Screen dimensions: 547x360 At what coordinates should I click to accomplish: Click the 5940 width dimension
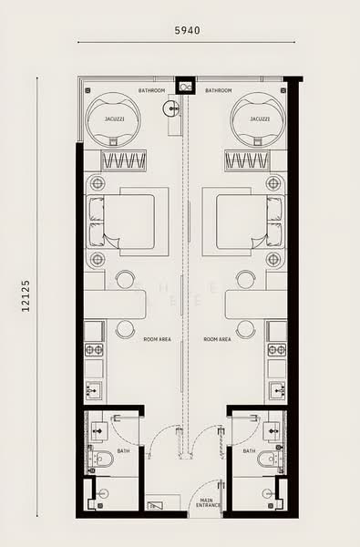(x=186, y=30)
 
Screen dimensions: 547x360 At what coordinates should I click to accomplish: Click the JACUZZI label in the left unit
(x=115, y=119)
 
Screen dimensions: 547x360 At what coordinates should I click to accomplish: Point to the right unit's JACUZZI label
(x=259, y=119)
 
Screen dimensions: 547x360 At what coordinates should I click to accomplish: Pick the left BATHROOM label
(x=151, y=90)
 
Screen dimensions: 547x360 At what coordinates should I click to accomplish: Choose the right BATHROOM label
(x=218, y=90)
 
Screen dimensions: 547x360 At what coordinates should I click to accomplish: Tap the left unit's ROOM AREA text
(x=157, y=338)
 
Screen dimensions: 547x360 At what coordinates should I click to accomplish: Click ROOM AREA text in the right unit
(x=217, y=338)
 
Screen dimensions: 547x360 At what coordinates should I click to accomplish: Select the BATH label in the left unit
(x=124, y=449)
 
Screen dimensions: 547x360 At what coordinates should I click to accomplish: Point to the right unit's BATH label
(x=249, y=449)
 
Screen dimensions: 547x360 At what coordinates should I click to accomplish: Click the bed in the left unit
(x=135, y=222)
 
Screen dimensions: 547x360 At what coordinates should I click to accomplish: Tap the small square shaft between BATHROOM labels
(x=187, y=87)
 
